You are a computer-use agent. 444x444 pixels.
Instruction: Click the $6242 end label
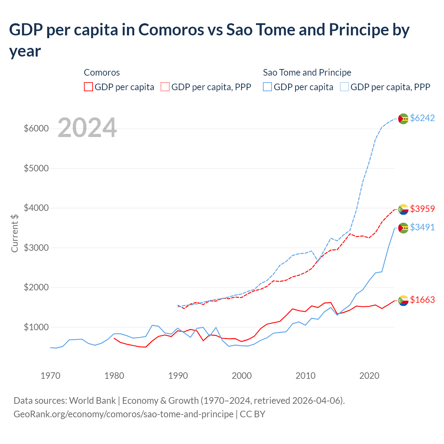(x=422, y=118)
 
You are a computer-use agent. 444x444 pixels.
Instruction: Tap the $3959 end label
(x=422, y=209)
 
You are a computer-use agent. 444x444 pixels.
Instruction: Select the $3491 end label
(x=422, y=227)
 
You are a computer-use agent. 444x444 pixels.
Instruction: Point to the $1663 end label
(x=422, y=300)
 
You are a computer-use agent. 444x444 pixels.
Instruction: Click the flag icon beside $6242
(x=403, y=119)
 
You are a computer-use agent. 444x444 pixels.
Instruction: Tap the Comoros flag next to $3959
(x=403, y=210)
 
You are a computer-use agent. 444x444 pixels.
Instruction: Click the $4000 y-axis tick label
(x=36, y=208)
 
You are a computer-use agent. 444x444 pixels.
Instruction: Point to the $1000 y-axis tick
(x=36, y=327)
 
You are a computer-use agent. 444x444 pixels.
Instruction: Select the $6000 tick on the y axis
(x=36, y=129)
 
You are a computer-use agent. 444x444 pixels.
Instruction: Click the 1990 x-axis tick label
(x=178, y=376)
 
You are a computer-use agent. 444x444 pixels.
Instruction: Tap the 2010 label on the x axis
(x=306, y=376)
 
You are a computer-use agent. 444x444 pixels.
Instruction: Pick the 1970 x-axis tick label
(x=50, y=376)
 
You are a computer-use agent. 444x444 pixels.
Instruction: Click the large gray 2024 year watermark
(x=87, y=128)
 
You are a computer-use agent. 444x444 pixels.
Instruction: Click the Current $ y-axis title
(x=15, y=233)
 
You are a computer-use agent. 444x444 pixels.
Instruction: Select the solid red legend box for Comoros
(x=88, y=87)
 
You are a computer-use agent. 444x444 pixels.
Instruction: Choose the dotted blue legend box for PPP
(x=344, y=87)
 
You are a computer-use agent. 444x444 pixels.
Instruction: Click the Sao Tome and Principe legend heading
(x=307, y=72)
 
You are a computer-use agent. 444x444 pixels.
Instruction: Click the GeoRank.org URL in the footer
(x=123, y=414)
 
